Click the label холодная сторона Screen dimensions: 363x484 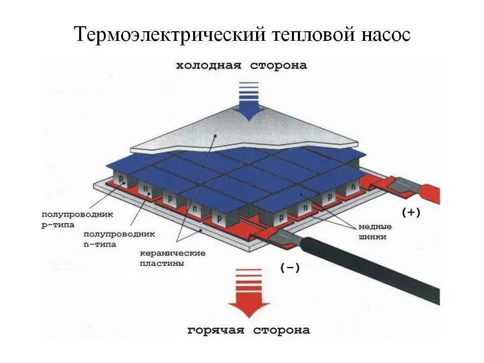[x=241, y=66]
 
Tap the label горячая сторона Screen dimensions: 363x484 [x=249, y=330]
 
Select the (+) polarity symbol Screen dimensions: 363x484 [x=411, y=213]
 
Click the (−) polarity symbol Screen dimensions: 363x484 [x=289, y=268]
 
